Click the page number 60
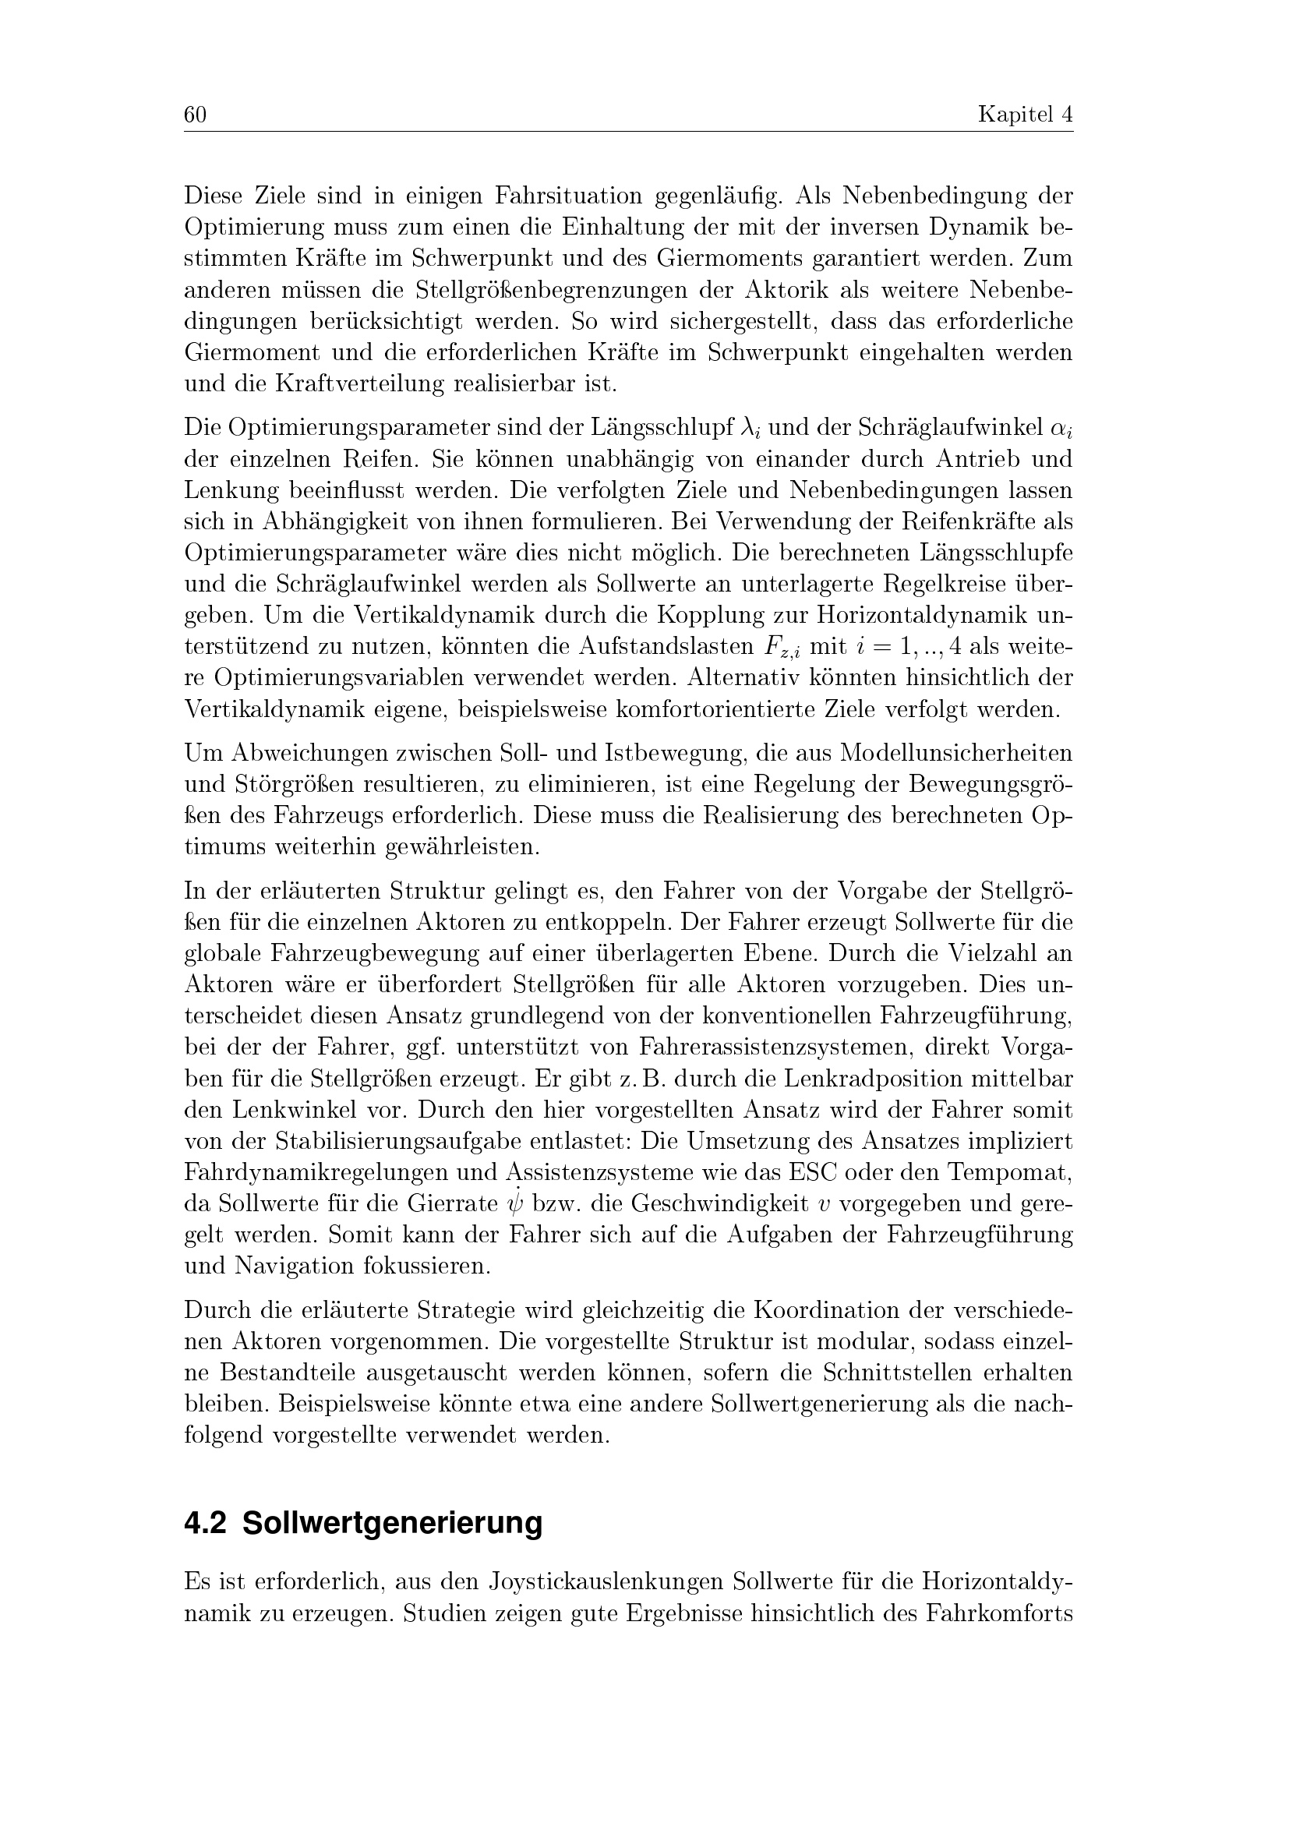pyautogui.click(x=196, y=115)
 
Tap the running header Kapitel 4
pyautogui.click(x=1026, y=115)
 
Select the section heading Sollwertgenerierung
pyautogui.click(x=392, y=1523)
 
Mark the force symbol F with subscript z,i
pyautogui.click(x=781, y=648)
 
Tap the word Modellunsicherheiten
pyautogui.click(x=956, y=751)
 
